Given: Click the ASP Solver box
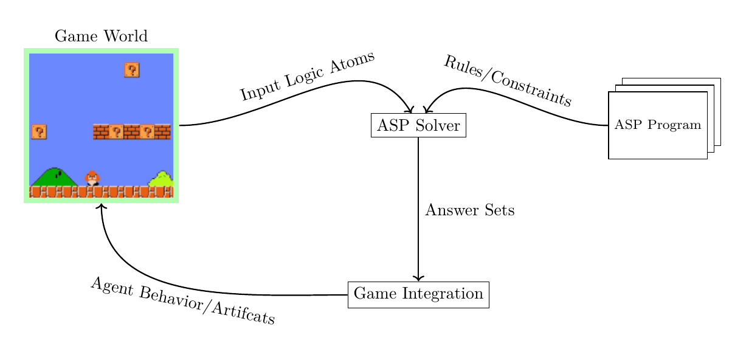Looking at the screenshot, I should (418, 126).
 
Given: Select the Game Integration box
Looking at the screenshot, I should (418, 295).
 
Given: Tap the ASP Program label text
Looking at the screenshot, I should (658, 125).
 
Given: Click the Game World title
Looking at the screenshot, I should (101, 36).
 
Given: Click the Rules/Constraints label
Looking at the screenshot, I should (508, 80).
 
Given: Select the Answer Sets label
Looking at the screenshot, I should (470, 211).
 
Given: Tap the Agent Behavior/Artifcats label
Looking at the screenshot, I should (182, 301).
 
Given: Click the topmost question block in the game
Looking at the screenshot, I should (132, 70).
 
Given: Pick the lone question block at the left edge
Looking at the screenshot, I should (39, 132).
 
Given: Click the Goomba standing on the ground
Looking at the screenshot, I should (92, 178).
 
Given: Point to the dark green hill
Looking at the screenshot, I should (54, 177).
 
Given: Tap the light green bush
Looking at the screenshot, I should (161, 179).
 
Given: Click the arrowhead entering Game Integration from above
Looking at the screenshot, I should (418, 279).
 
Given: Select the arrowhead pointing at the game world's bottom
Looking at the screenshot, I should (102, 206).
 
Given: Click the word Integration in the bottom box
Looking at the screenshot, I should (443, 295).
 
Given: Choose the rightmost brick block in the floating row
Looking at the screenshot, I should (163, 132).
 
